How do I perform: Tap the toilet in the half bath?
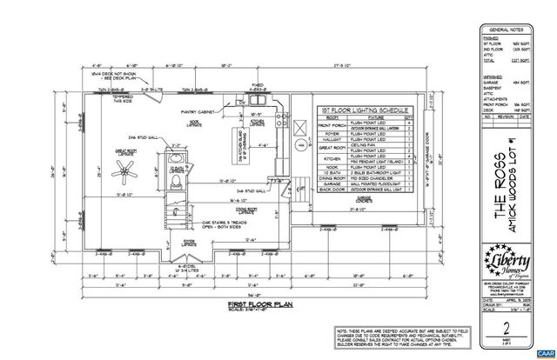176,185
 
